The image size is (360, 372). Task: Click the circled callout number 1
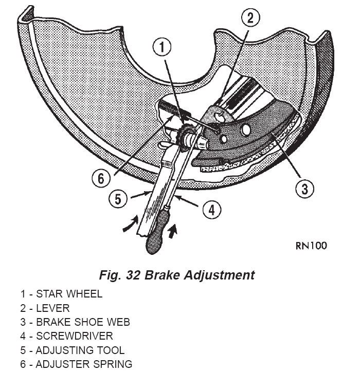[x=161, y=48]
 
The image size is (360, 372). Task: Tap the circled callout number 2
[x=249, y=19]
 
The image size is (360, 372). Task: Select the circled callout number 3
[x=304, y=189]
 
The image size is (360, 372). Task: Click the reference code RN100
[x=311, y=245]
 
